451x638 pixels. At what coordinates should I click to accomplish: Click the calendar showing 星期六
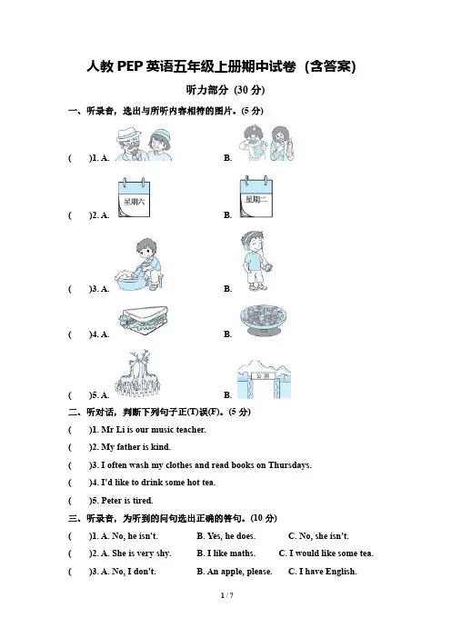pyautogui.click(x=134, y=198)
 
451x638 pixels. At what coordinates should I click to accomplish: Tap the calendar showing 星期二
pyautogui.click(x=256, y=196)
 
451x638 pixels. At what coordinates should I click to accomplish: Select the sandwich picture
pyautogui.click(x=144, y=320)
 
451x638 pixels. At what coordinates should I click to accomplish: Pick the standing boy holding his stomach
pyautogui.click(x=256, y=261)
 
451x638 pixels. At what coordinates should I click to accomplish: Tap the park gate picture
pyautogui.click(x=265, y=379)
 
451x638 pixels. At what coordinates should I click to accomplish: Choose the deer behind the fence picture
pyautogui.click(x=139, y=374)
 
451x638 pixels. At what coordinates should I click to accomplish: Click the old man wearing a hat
pyautogui.click(x=129, y=145)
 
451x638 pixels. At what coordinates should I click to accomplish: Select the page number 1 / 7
pyautogui.click(x=226, y=595)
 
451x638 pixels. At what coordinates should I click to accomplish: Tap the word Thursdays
pyautogui.click(x=290, y=465)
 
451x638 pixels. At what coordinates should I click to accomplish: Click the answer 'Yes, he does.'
pyautogui.click(x=225, y=536)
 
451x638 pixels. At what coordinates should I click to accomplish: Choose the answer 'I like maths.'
pyautogui.click(x=225, y=553)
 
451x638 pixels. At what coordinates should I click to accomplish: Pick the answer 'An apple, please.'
pyautogui.click(x=235, y=572)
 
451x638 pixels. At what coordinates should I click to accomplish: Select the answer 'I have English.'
pyautogui.click(x=323, y=572)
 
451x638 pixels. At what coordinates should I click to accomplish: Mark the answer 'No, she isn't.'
pyautogui.click(x=318, y=536)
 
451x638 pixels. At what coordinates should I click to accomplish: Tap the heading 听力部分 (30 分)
pyautogui.click(x=225, y=90)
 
